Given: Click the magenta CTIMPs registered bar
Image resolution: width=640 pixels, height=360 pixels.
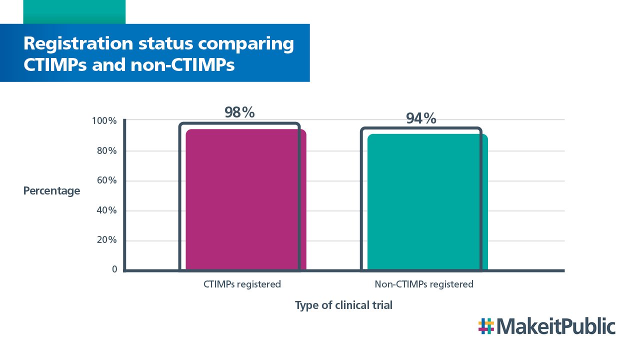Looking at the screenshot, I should (x=245, y=200).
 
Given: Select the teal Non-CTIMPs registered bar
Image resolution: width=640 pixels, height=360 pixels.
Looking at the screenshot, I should (x=427, y=202).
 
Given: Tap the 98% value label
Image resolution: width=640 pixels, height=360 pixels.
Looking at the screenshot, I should (x=239, y=112).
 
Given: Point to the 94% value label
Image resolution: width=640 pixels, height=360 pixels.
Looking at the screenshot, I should (x=421, y=118).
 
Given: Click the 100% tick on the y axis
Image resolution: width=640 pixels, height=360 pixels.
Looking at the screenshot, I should (x=104, y=121).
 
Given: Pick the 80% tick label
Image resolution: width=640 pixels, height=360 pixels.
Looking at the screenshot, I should (x=106, y=150).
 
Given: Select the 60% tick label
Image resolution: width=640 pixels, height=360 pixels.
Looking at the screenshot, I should (x=106, y=180).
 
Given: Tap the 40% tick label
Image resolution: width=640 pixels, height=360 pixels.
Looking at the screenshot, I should (x=106, y=210).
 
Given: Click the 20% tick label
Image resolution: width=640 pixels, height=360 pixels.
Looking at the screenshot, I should (x=106, y=240).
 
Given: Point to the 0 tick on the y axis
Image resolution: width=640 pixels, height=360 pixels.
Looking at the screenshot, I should (x=114, y=269).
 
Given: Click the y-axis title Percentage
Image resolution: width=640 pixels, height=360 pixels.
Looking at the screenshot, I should (x=51, y=191).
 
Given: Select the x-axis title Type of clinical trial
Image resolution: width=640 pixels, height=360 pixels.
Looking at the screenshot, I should (x=343, y=305).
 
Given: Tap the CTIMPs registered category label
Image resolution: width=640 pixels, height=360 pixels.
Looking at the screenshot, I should (x=242, y=284).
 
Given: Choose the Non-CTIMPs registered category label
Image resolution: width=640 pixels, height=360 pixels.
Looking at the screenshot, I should (x=423, y=284).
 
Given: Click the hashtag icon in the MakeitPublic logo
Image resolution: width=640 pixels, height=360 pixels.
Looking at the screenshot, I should (x=485, y=326).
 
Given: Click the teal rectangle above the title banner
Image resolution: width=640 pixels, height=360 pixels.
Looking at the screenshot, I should (x=74, y=11).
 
